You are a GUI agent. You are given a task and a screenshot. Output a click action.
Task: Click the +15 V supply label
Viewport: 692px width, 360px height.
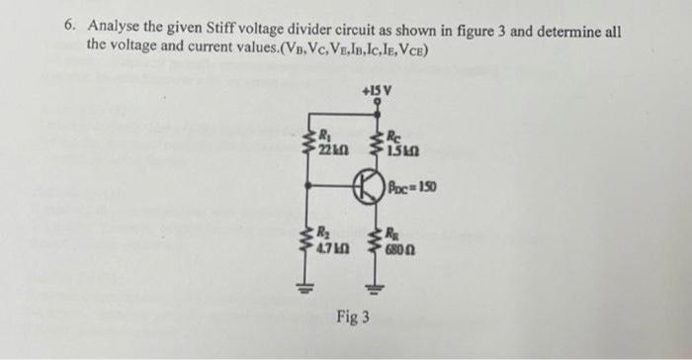click(378, 91)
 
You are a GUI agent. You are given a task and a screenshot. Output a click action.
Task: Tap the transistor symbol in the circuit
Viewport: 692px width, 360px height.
click(370, 188)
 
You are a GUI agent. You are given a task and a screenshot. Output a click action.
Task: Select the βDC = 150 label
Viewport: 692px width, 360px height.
click(415, 186)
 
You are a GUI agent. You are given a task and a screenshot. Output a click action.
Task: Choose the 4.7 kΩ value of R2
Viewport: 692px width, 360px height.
click(329, 241)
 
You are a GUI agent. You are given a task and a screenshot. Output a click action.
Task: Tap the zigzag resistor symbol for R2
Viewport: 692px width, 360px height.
click(309, 236)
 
